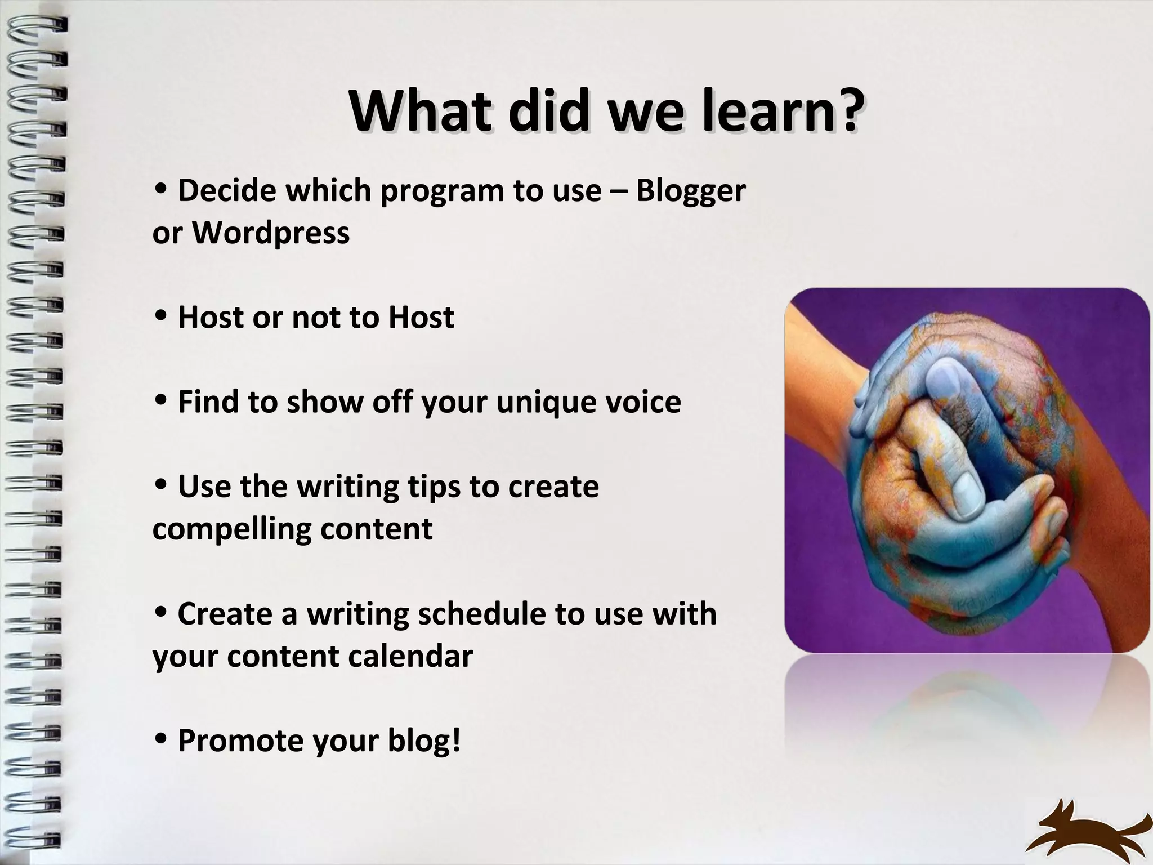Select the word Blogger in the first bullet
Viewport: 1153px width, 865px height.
tap(691, 190)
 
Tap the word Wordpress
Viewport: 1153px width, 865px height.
tap(271, 233)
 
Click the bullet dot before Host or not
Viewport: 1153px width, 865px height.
tap(160, 317)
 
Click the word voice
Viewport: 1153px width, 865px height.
tap(641, 402)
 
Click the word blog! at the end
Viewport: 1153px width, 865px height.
tap(424, 740)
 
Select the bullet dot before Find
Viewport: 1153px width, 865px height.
tap(160, 401)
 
